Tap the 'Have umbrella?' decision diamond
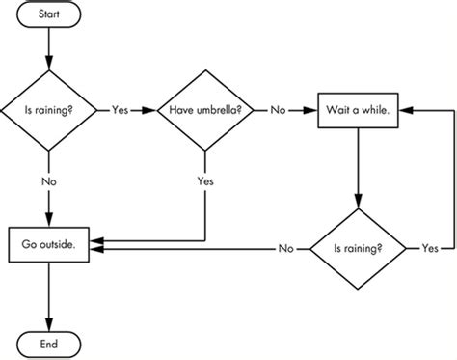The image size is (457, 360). pos(205,110)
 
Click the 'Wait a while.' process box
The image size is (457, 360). pos(357,110)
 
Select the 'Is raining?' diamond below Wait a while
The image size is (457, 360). pos(357,248)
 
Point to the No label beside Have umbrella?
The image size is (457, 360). pos(278,110)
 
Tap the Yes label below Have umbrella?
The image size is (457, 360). pos(205,180)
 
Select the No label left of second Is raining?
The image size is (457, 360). pos(285,248)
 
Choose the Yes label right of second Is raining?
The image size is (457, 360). pos(429,248)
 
